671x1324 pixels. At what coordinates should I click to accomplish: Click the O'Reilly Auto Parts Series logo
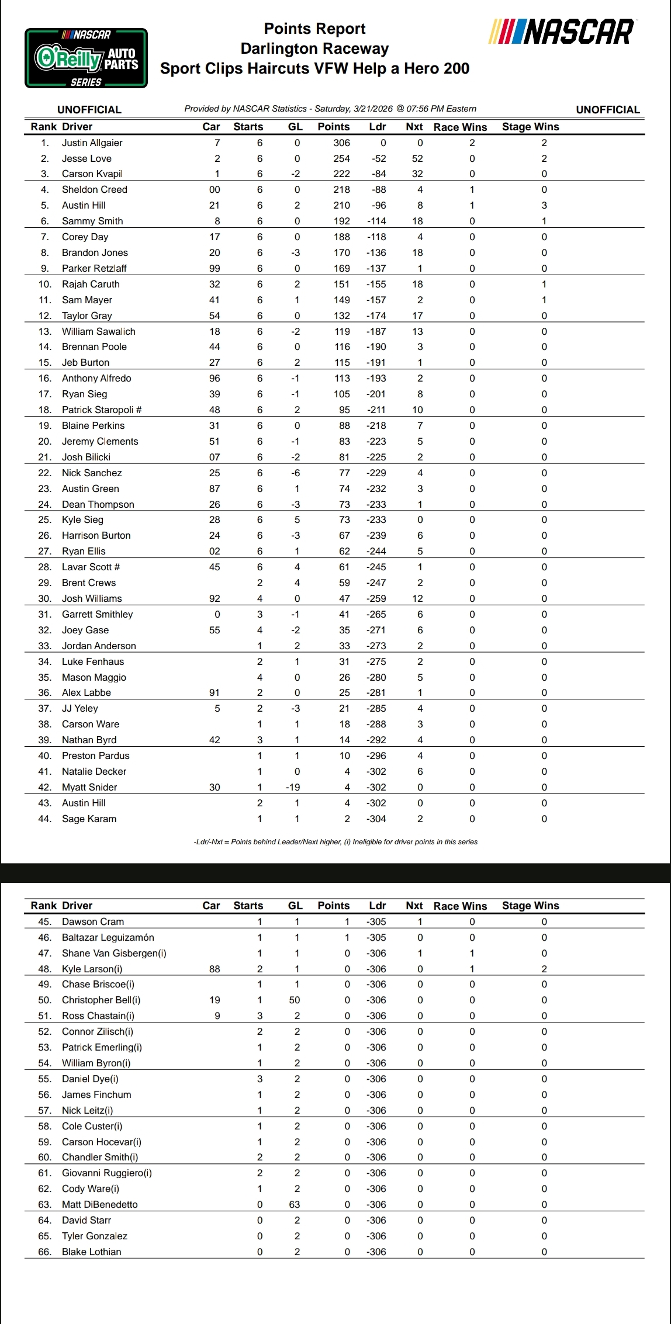pyautogui.click(x=86, y=58)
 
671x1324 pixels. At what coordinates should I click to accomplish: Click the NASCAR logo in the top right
pyautogui.click(x=562, y=32)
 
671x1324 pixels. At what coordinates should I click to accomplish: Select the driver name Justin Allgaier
pyautogui.click(x=92, y=143)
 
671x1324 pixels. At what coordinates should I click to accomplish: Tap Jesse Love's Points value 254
pyautogui.click(x=341, y=158)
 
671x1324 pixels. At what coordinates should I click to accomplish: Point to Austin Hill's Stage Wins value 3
pyautogui.click(x=544, y=205)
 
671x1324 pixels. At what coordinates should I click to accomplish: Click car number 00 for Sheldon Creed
pyautogui.click(x=215, y=189)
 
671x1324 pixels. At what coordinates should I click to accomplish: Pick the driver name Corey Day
pyautogui.click(x=85, y=237)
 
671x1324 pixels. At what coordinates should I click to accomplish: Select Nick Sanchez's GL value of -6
pyautogui.click(x=295, y=473)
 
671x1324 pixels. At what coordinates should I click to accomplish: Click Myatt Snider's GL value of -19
pyautogui.click(x=293, y=787)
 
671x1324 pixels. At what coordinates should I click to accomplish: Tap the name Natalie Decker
pyautogui.click(x=94, y=771)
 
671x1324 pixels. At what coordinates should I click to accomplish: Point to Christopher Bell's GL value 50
pyautogui.click(x=295, y=1000)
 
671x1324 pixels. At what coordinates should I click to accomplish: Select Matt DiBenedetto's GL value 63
pyautogui.click(x=295, y=1204)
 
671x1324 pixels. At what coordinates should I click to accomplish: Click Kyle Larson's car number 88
pyautogui.click(x=215, y=969)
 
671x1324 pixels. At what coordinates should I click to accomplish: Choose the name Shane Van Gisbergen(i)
pyautogui.click(x=114, y=953)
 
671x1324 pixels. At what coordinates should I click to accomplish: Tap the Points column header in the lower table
pyautogui.click(x=334, y=906)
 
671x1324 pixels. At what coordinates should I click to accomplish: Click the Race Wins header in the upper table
pyautogui.click(x=460, y=127)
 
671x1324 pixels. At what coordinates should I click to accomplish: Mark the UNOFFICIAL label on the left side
pyautogui.click(x=89, y=109)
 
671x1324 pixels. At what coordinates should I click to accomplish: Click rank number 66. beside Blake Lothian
pyautogui.click(x=44, y=1252)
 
